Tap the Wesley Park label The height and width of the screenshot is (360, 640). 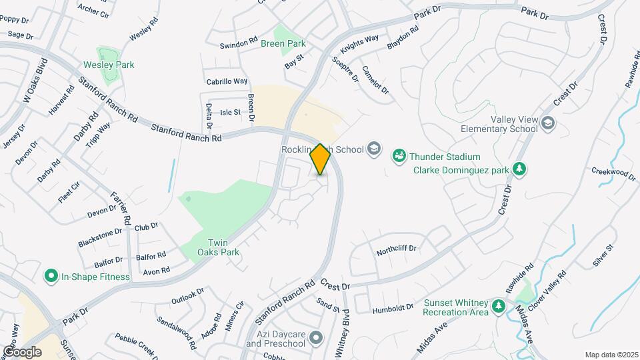click(x=108, y=65)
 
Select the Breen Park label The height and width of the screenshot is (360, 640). click(x=283, y=44)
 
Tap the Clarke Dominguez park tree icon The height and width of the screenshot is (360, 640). click(x=520, y=169)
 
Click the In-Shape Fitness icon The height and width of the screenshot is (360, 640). click(x=51, y=276)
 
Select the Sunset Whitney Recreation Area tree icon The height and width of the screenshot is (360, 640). click(x=497, y=306)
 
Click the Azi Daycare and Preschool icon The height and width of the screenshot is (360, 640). click(x=317, y=339)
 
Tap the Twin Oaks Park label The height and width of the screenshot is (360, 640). click(x=217, y=247)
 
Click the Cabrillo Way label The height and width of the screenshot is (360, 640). click(x=227, y=81)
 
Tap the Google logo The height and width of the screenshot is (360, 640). click(x=22, y=351)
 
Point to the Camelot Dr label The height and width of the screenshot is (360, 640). click(x=375, y=79)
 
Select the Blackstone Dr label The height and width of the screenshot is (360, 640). click(x=100, y=235)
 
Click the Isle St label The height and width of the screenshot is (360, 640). click(x=230, y=113)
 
